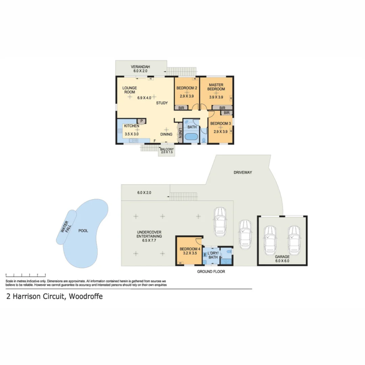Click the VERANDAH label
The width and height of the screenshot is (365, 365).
click(141, 67)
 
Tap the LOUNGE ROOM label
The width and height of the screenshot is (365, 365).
click(129, 90)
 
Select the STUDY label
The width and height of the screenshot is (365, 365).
click(162, 103)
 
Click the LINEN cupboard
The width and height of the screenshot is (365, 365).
click(180, 134)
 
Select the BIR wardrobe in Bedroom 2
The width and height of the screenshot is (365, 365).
click(181, 108)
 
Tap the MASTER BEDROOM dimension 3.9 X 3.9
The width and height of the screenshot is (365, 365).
click(216, 97)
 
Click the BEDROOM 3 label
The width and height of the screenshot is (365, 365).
click(220, 124)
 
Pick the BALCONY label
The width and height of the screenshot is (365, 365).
click(167, 149)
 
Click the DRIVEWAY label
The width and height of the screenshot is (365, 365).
click(243, 172)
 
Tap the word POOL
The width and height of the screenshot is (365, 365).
click(83, 231)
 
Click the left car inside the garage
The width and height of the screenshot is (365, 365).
click(270, 241)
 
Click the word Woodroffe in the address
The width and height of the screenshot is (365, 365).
click(86, 297)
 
